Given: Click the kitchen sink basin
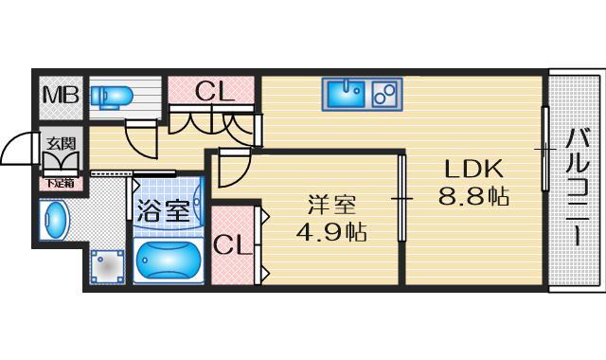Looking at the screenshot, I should tap(347, 93).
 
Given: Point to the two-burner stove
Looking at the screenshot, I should tap(385, 93).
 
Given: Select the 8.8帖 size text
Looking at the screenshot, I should tap(474, 198).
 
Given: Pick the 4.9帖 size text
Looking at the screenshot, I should tap(330, 231).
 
